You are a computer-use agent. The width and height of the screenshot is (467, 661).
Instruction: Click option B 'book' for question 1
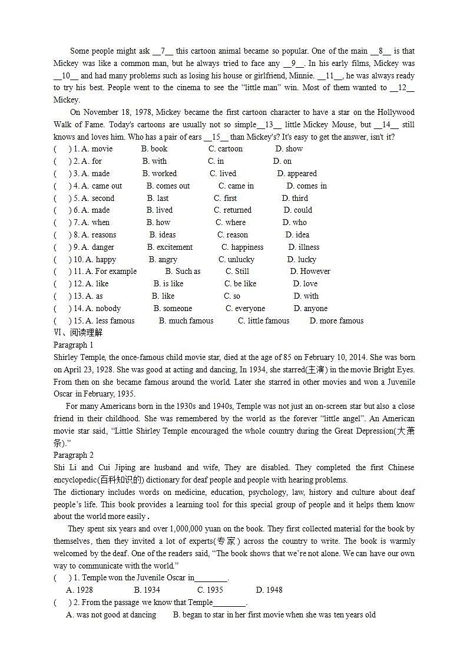pos(154,149)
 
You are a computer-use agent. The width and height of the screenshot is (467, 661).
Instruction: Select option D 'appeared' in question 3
pos(297,174)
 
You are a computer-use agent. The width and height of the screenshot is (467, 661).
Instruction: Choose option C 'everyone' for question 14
pos(245,309)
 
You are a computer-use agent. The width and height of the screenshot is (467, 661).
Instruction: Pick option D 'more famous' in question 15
pos(336,321)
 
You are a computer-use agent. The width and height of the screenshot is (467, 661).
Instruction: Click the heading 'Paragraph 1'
pos(74,345)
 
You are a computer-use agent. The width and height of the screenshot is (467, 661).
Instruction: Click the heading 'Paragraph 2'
pos(74,455)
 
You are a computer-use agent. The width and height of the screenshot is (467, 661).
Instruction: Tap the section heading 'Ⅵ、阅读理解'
pos(78,333)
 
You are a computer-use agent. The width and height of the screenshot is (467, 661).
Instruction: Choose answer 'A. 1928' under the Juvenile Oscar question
pos(80,590)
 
